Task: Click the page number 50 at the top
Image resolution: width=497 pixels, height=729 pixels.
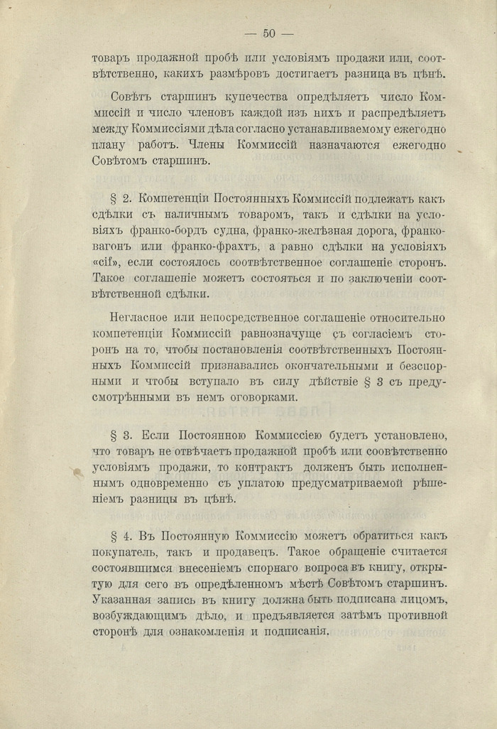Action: coord(269,33)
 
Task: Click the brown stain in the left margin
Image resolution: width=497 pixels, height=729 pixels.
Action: coord(77,470)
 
